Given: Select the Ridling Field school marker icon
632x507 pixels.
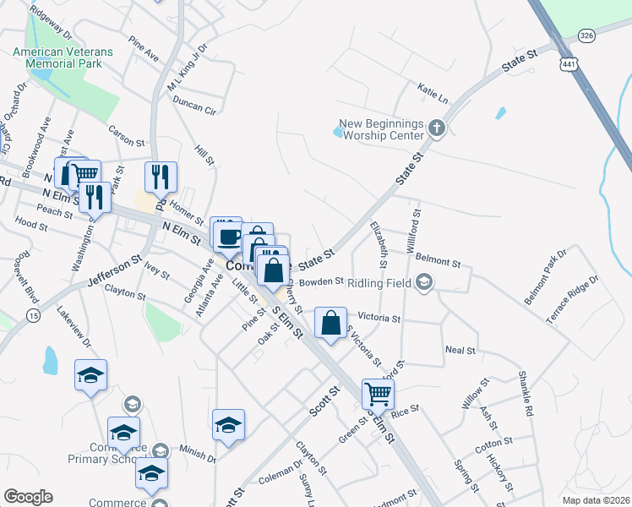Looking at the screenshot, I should point(424,282).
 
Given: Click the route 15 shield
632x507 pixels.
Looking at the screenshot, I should point(33,315).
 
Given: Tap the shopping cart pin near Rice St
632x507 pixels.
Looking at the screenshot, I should point(378,392).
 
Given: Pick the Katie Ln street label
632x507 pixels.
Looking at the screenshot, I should point(431,88).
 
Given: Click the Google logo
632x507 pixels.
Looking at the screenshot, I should point(28,497).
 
